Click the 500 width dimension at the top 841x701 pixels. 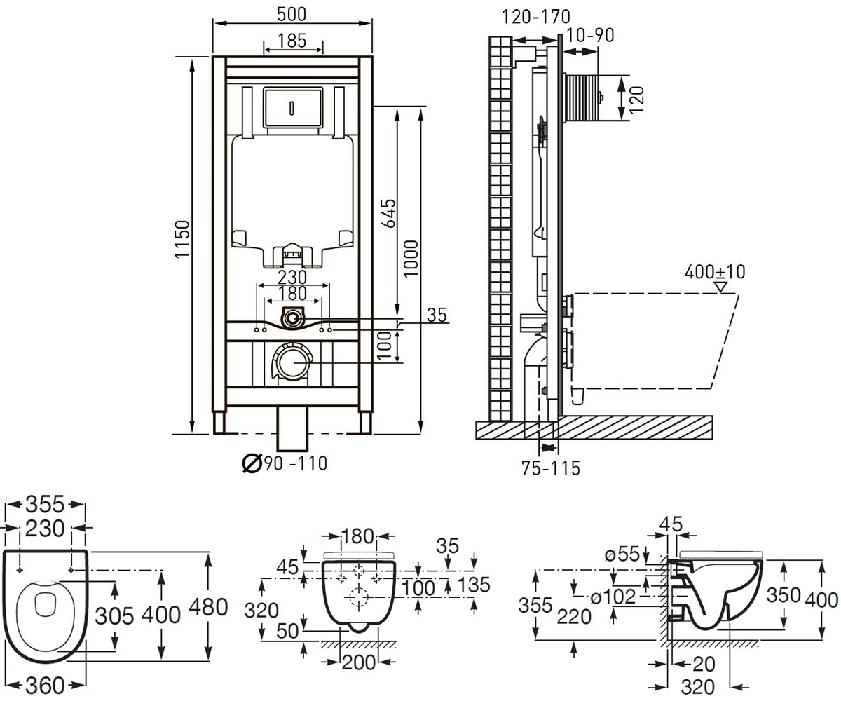292,14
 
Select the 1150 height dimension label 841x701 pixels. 182,239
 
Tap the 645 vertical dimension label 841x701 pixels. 389,213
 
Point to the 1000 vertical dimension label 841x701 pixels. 411,258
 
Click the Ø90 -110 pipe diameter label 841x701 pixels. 285,463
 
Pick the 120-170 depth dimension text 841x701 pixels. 536,17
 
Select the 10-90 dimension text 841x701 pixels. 590,36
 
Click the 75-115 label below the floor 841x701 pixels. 551,468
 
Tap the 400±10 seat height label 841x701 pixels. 715,272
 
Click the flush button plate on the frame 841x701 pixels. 293,107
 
